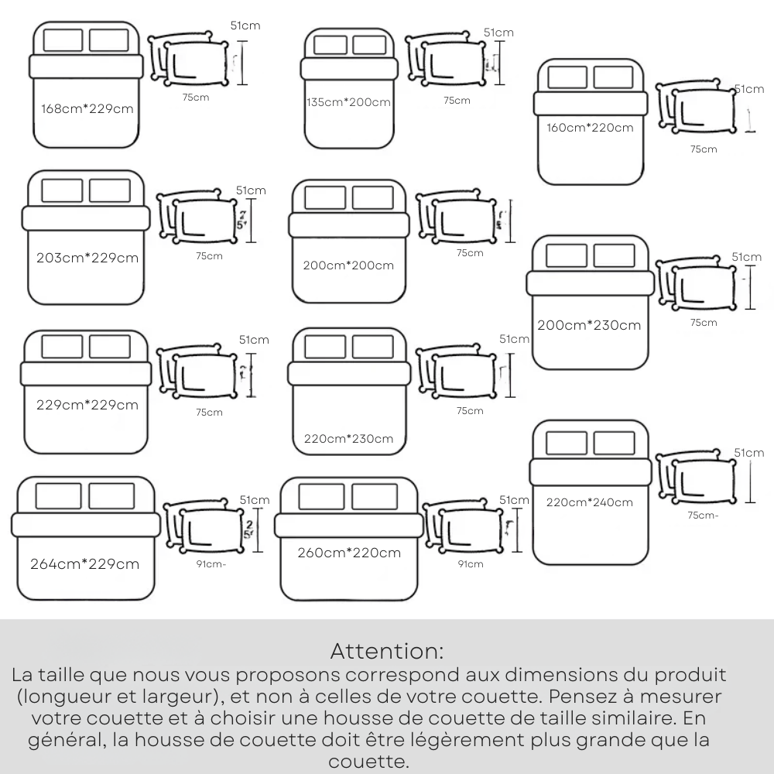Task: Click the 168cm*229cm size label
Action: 87,108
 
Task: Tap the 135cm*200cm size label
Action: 348,102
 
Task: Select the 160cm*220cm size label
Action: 590,128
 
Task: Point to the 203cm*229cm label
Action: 87,258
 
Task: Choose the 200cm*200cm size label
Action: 348,265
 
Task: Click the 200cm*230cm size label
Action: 589,325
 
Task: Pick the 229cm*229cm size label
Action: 87,405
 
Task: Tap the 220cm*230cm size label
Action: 348,439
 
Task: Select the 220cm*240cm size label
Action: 589,502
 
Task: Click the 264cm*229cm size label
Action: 85,563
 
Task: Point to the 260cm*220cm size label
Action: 349,553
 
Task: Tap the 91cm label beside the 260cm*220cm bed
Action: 471,564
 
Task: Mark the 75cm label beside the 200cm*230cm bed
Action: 704,322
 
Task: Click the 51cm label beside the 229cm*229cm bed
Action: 254,339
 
